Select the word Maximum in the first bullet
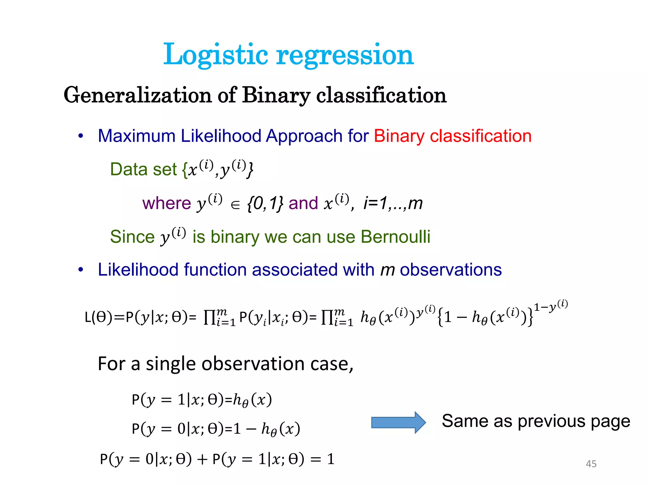136,136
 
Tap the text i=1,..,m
393,203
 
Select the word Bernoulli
395,237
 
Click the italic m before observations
387,270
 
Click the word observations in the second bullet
451,270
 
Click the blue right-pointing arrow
398,422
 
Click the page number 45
591,464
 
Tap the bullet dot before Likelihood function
81,270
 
